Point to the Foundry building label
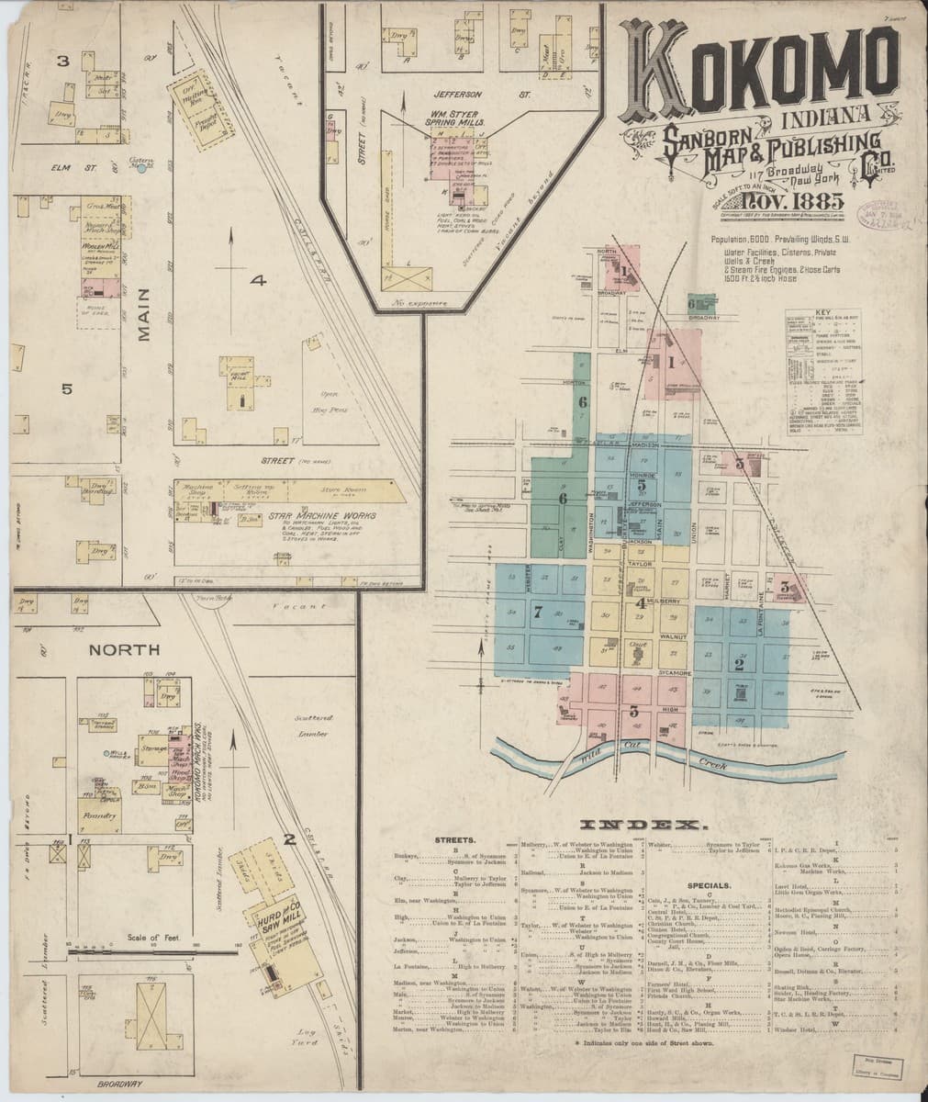pyautogui.click(x=99, y=815)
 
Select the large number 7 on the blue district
pyautogui.click(x=538, y=613)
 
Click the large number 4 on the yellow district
pyautogui.click(x=640, y=602)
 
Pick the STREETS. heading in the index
pyautogui.click(x=457, y=840)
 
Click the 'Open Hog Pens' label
pyautogui.click(x=300, y=400)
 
